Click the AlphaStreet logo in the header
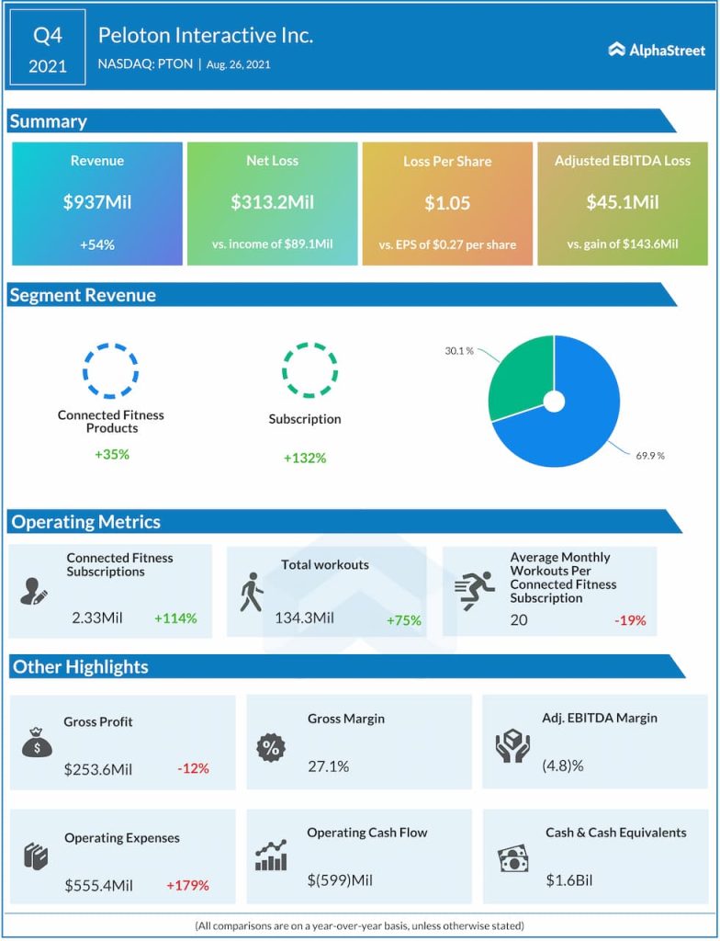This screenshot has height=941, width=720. pos(657,50)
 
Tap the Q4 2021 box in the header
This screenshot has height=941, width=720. pos(48,50)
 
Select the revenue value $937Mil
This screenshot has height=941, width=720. pos(97,202)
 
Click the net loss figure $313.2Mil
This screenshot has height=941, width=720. pos(272,202)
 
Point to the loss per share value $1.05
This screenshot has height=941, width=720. pos(447,203)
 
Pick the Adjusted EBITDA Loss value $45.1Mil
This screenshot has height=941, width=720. pos(622,202)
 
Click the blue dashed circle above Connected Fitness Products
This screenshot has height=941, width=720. pos(111,371)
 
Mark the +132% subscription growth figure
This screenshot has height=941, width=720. pos(305,458)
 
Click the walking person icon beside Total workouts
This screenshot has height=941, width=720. pos(250,593)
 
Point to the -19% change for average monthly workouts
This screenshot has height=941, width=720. pos(629,620)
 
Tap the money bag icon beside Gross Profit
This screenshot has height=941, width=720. pos(37,743)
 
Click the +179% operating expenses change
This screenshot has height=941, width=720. pos(187,886)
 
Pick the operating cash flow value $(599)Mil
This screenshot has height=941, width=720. pos(340,880)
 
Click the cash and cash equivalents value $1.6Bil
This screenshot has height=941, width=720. pos(569,880)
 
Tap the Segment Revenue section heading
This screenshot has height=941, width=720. pos(83,295)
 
